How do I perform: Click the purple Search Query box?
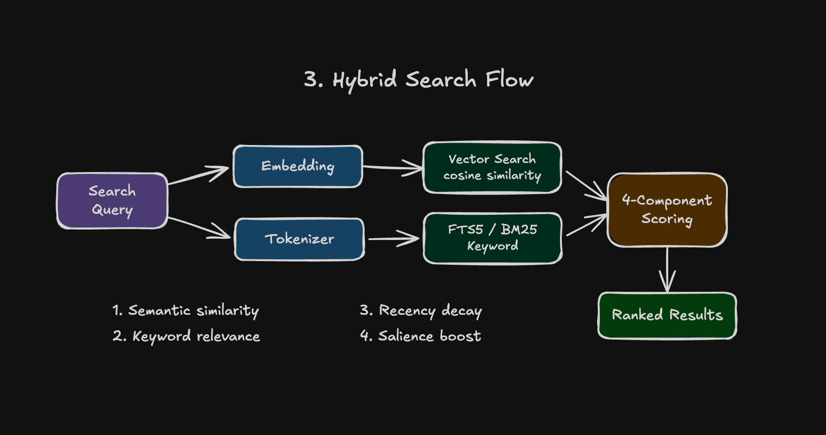click(112, 201)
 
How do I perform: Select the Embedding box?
click(298, 166)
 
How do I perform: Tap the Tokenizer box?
click(299, 239)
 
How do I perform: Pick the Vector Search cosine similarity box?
click(492, 167)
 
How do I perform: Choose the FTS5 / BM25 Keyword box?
click(492, 238)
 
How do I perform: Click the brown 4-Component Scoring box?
click(667, 210)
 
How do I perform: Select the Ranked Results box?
click(667, 315)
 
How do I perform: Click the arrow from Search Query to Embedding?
click(198, 176)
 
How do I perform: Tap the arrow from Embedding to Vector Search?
click(392, 167)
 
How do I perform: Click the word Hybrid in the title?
click(365, 80)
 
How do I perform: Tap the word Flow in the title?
click(509, 79)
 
